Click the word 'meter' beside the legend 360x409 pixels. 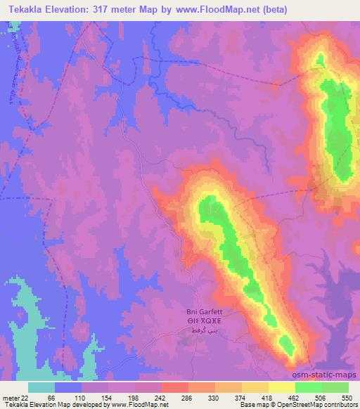10,398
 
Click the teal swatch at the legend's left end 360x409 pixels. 41,387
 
